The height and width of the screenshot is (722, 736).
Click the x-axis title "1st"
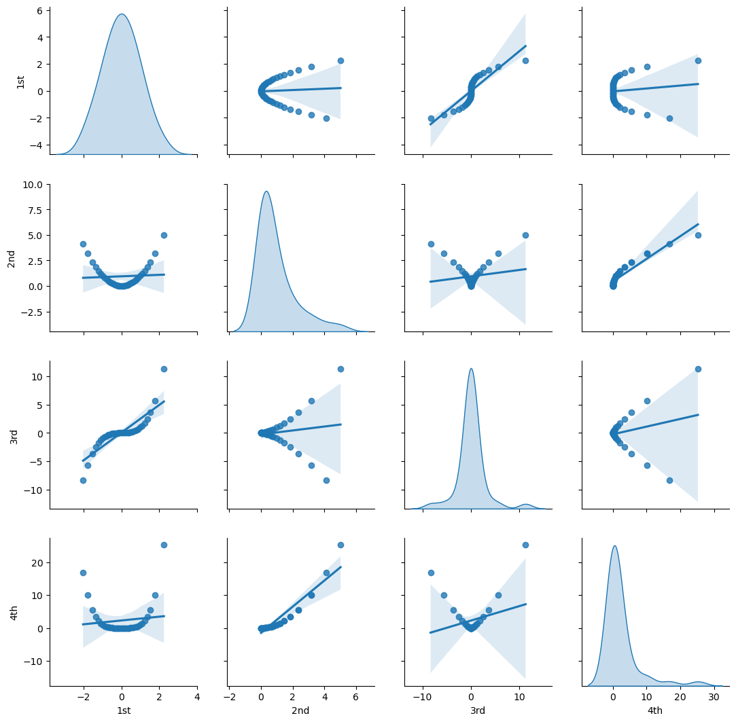pos(123,710)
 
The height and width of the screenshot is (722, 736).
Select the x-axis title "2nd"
pos(300,710)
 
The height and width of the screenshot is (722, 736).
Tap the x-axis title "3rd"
pos(478,710)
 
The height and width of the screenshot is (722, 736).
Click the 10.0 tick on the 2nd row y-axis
pos(33,184)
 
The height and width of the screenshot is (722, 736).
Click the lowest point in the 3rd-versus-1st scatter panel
pos(83,480)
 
